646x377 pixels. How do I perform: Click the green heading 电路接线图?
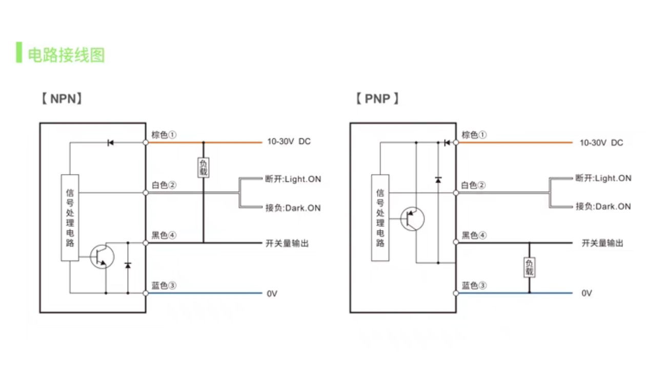(66, 55)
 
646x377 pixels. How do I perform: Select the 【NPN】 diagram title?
(62, 98)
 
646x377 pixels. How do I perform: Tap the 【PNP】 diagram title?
(377, 98)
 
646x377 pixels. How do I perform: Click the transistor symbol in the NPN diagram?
(102, 257)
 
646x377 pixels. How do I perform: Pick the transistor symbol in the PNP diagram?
(412, 219)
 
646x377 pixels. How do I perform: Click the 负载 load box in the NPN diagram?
(204, 167)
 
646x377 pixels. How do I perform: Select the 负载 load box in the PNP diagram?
(529, 267)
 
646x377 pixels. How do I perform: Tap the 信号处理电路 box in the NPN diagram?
(70, 218)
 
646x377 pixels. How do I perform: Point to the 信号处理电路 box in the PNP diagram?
(380, 218)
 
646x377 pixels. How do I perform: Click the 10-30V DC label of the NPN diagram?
(289, 141)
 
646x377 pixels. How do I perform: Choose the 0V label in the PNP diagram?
(587, 293)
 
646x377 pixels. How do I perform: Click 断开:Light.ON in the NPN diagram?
(293, 179)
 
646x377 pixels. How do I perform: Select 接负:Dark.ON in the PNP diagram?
(603, 206)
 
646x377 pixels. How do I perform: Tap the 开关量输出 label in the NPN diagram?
(287, 243)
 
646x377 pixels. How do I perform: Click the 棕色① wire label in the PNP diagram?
(474, 135)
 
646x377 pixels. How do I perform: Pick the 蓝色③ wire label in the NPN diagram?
(164, 285)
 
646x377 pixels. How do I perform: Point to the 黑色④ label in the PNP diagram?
(474, 235)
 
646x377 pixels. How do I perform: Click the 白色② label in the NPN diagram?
(164, 185)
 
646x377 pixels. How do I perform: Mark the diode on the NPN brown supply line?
(110, 143)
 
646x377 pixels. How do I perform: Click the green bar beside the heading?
(19, 52)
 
